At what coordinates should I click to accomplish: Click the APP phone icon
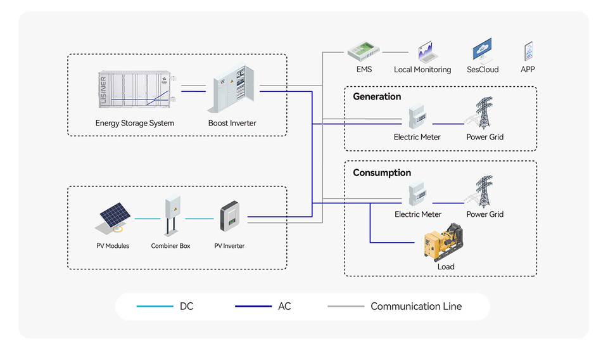[528, 51]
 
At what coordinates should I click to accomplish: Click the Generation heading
[377, 97]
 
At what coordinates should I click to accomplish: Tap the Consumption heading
[382, 173]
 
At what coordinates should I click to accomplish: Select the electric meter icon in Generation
[417, 117]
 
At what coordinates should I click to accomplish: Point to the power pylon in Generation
[484, 113]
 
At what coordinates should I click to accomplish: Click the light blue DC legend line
[155, 307]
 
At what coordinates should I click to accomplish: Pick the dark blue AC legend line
[253, 307]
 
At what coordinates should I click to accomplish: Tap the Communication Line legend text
[416, 307]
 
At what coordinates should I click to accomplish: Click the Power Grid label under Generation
[485, 137]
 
